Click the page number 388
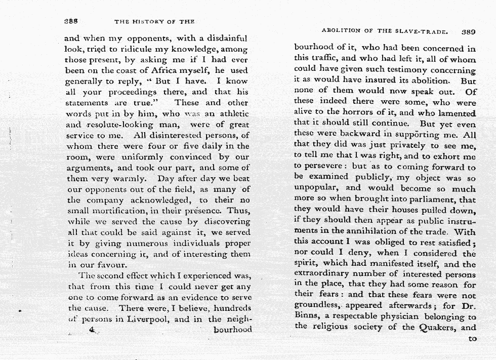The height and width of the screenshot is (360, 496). pos(73,21)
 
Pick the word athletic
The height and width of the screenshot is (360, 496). pos(230,113)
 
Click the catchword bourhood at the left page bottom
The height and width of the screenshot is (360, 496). pos(232,329)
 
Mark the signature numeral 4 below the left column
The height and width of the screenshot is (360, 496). pos(92,329)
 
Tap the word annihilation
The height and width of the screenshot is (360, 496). pos(363,232)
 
